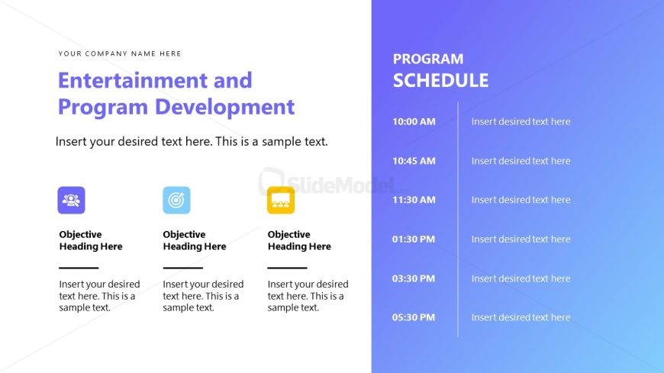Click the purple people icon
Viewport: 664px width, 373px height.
click(x=71, y=201)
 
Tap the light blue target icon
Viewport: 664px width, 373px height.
click(x=176, y=201)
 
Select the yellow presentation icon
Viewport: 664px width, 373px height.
click(x=281, y=201)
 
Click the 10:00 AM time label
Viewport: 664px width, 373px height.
click(x=414, y=121)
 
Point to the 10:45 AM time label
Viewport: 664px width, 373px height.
click(x=414, y=161)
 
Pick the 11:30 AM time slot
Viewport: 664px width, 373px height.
click(x=414, y=200)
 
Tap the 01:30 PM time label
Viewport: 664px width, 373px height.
click(x=414, y=240)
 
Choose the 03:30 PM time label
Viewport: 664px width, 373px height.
click(x=414, y=278)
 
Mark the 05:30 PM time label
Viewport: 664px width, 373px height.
click(x=414, y=317)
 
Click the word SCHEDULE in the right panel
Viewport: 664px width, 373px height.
click(x=440, y=80)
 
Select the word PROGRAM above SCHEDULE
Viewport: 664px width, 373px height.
click(x=428, y=59)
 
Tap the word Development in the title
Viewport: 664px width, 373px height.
click(x=224, y=107)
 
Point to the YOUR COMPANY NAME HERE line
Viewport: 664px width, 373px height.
click(x=120, y=53)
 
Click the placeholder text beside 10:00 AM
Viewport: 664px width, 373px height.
click(x=521, y=121)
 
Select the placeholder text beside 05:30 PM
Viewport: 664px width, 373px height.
click(x=521, y=317)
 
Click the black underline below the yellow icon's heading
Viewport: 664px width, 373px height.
click(x=287, y=268)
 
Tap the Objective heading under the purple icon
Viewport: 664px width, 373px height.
click(x=91, y=240)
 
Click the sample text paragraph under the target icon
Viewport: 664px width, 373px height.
click(x=203, y=296)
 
